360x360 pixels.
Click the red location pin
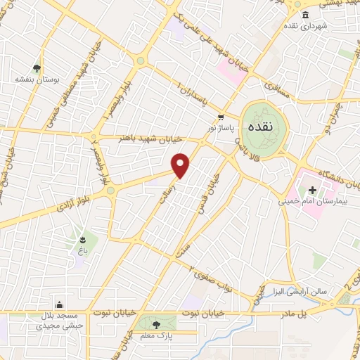coord(181,165)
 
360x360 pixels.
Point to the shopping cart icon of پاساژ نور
coord(221,117)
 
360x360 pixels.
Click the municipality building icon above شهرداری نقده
coord(304,15)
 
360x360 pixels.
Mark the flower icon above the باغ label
coord(84,237)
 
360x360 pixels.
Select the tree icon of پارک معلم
coord(156,324)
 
